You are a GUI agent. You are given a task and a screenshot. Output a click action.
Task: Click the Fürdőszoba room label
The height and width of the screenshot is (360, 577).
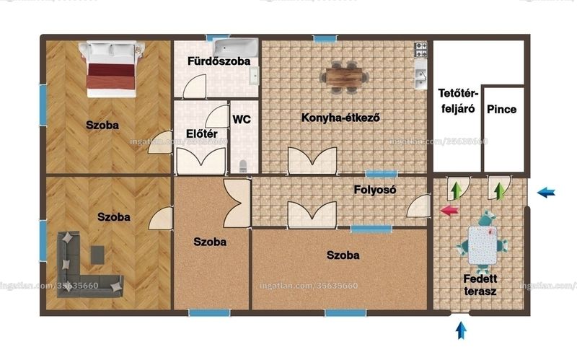coord(219,61)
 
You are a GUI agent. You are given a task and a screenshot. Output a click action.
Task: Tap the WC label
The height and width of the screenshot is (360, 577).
coord(242,119)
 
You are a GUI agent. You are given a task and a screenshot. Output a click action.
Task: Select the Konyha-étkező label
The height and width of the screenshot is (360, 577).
coord(340,118)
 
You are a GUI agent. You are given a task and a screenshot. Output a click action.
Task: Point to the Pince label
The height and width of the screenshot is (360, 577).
coord(501,110)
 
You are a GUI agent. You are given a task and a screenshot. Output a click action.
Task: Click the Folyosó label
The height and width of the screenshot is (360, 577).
coord(375,190)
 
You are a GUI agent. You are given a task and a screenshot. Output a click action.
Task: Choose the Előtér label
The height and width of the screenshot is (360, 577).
coord(202,133)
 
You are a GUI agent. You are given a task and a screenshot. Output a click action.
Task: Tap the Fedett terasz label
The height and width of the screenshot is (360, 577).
coord(480,285)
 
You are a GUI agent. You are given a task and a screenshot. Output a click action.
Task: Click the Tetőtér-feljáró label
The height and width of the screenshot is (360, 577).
coord(458,101)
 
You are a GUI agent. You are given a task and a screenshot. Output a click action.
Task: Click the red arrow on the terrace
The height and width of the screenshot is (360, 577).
coord(449,211)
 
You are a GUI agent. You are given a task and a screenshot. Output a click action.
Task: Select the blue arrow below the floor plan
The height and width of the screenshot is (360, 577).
coord(461,330)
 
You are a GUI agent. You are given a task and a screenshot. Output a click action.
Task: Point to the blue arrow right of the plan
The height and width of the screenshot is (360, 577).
coord(546,192)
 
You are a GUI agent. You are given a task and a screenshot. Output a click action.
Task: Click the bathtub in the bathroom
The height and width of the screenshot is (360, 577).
coord(237,48)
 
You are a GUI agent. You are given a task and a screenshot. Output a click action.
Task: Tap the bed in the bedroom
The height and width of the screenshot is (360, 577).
coord(112,69)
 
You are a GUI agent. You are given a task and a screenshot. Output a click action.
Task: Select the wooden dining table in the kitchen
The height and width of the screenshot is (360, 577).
coord(344,77)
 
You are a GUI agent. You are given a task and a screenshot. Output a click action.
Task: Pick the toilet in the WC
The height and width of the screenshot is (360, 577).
coord(243,166)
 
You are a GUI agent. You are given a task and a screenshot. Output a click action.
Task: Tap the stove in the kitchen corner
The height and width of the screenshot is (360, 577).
coord(421,50)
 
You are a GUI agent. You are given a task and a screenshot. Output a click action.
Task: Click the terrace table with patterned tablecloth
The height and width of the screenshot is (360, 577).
coord(483,245)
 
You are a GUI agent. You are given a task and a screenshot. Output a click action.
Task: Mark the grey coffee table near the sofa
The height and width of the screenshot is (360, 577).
coord(97,255)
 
